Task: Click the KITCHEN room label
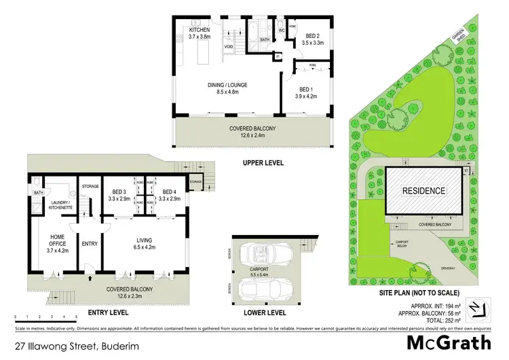pos(199,31)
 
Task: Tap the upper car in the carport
pos(262,255)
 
